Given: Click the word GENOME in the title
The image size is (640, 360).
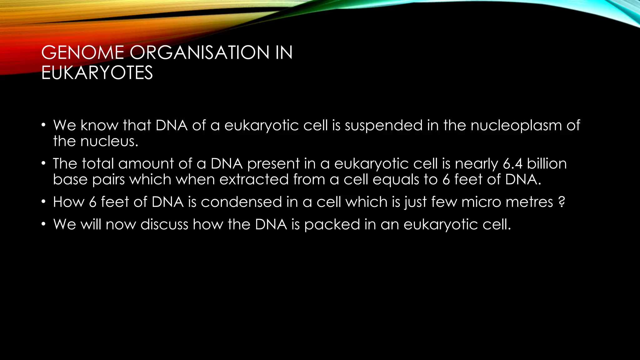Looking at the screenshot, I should tap(82, 52).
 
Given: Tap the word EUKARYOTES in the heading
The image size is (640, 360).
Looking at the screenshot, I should tap(97, 73).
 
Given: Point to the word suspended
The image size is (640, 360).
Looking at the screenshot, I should tap(383, 126).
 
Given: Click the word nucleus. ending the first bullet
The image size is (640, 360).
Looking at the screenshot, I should tap(109, 142).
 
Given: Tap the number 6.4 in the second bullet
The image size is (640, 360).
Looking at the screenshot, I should tap(512, 164).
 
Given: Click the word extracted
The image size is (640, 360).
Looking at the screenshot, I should tap(254, 180).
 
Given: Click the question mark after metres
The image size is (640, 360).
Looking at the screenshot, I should tap(562, 202).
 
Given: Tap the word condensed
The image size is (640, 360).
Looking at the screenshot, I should tap(241, 202).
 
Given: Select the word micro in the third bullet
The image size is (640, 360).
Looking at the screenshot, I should tap(481, 202).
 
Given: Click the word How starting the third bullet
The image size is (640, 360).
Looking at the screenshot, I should tap(69, 202).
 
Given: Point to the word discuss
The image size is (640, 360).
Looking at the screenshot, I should tap(164, 225).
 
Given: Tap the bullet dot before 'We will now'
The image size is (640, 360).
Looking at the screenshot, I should tap(44, 224).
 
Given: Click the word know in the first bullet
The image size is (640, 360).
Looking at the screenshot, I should tap(99, 126).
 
